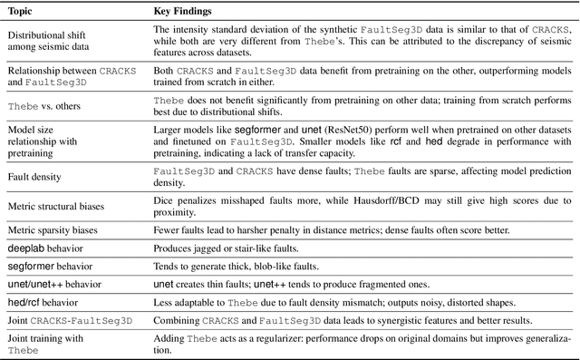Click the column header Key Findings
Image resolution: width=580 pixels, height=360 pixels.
(x=183, y=13)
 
